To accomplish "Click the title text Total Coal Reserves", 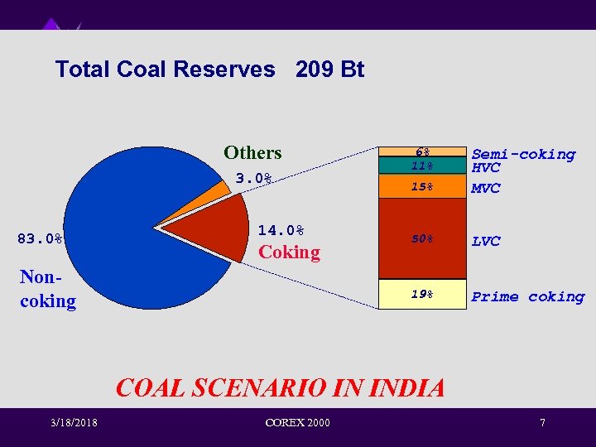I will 165,70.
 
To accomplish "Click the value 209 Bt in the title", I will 329,70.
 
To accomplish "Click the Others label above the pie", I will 252,152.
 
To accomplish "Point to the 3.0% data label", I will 253,178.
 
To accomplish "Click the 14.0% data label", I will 281,230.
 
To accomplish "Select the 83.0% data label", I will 41,239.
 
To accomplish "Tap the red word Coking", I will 289,252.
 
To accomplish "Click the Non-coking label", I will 47,290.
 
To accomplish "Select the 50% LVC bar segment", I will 423,238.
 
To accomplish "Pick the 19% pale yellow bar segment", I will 423,294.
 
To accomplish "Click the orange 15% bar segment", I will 423,187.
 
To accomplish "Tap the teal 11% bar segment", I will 423,166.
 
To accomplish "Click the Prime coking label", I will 527,296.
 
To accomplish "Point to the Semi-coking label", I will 523,154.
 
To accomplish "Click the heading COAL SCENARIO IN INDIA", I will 280,387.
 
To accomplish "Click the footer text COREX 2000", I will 297,424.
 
